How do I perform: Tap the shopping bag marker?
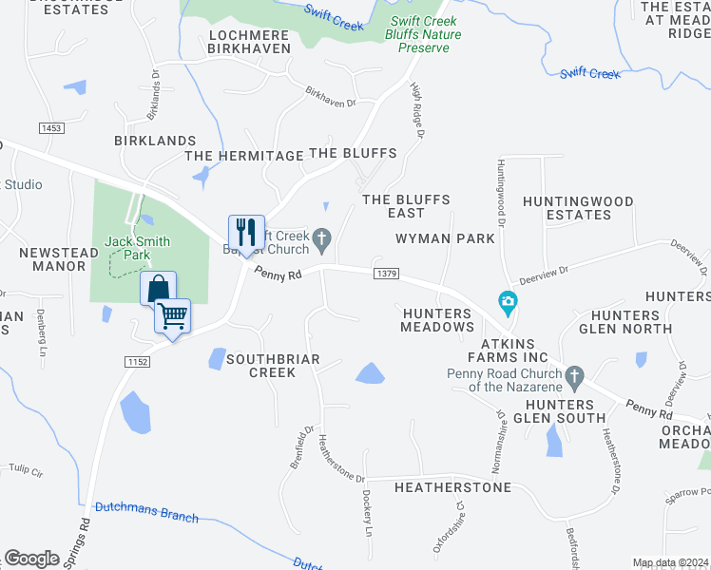159,288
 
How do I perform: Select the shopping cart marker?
173,315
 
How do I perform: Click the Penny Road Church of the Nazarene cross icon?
574,377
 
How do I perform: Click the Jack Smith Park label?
138,248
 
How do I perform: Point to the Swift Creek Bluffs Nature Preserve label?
427,33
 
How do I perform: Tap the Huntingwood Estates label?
579,208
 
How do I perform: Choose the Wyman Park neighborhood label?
445,238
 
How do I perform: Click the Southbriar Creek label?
273,366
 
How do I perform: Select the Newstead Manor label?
52,259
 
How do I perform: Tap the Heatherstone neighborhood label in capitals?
452,487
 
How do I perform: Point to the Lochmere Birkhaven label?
249,42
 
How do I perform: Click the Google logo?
32,559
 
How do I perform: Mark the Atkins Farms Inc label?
508,351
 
